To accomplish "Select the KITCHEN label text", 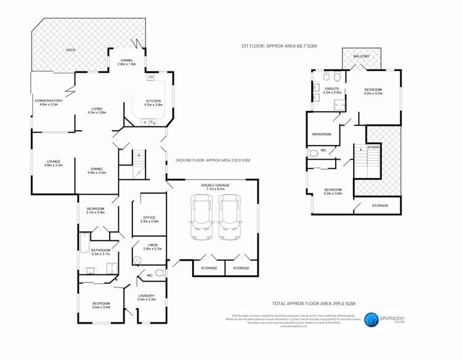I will point(153,101).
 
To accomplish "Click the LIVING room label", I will point(97,108).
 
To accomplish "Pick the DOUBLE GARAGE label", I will point(214,185).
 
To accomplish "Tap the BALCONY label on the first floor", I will point(362,56).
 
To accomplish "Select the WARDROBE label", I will point(322,133).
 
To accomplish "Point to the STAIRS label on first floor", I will point(373,148).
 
